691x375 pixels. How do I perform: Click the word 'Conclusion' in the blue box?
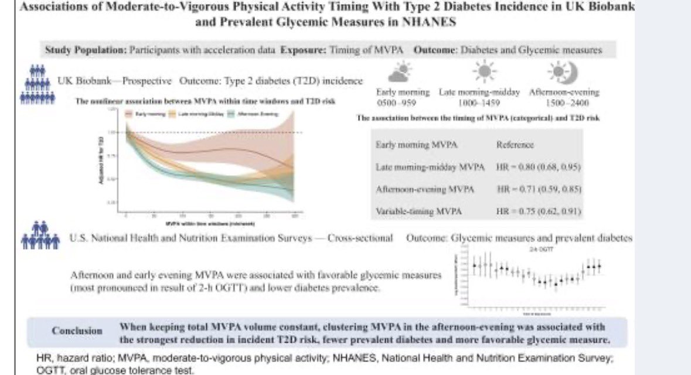point(77,330)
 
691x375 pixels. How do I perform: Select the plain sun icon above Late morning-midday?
point(484,73)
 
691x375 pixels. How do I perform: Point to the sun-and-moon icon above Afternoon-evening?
point(563,73)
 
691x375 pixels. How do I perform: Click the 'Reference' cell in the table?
point(515,144)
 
